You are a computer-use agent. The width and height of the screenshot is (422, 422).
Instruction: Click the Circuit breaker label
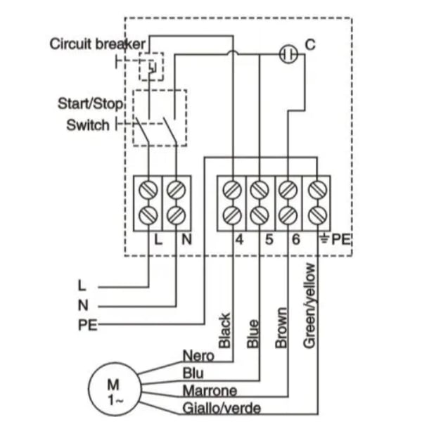point(98,44)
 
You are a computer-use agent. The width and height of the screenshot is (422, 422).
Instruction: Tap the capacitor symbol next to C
point(288,54)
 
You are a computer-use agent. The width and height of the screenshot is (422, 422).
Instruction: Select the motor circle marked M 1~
point(115,389)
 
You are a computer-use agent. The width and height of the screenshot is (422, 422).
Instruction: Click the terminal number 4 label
point(240,239)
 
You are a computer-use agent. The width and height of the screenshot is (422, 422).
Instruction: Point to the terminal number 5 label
point(269,239)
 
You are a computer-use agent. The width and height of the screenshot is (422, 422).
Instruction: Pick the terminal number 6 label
point(296,239)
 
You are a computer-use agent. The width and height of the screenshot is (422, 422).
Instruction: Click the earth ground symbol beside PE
point(324,238)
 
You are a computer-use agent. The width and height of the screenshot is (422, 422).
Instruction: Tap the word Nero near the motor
point(198,356)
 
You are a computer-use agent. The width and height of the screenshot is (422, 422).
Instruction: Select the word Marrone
point(210,391)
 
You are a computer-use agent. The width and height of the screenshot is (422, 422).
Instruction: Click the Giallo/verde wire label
point(222,408)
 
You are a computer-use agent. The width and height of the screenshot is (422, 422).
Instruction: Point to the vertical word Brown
point(281,328)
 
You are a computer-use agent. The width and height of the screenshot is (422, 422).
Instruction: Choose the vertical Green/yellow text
point(309,306)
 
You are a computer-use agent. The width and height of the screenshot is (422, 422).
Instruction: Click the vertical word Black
point(225,331)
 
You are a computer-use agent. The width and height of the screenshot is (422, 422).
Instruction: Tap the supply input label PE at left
point(87,325)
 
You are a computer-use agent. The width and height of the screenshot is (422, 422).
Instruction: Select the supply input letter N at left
point(83,305)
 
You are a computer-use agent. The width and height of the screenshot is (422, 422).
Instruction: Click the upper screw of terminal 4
point(232,190)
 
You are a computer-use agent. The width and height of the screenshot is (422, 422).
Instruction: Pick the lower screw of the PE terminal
point(318,216)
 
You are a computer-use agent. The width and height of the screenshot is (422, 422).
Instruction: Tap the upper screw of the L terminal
point(148,190)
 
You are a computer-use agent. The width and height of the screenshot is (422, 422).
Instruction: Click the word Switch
point(88,125)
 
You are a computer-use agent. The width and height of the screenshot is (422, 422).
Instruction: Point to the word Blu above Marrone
point(193,373)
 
